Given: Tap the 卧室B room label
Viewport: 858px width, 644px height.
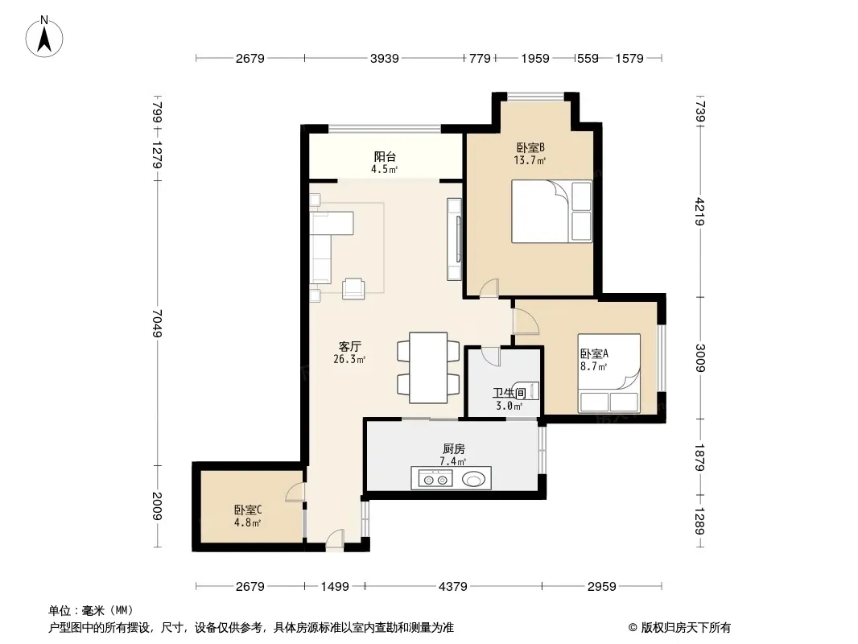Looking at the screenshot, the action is (x=530, y=148).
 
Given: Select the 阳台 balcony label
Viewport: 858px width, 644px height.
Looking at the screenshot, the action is (x=385, y=156).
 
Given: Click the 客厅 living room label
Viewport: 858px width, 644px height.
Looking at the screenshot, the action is (x=349, y=347).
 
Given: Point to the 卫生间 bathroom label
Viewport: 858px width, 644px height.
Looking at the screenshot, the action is (x=509, y=393).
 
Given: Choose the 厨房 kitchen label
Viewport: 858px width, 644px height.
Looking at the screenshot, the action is (x=454, y=449).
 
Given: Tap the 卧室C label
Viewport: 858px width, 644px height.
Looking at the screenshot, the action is (x=248, y=510).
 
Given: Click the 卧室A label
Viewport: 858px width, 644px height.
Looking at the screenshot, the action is (x=594, y=354).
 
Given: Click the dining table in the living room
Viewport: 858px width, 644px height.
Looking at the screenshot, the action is (x=428, y=368).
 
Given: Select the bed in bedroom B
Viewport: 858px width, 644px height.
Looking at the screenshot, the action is (x=551, y=211).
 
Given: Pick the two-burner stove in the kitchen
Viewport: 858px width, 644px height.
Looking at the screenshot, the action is (x=435, y=480).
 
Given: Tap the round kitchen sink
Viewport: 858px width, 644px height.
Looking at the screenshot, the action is (x=473, y=480).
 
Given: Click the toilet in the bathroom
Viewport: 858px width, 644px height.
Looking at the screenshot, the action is (x=526, y=390).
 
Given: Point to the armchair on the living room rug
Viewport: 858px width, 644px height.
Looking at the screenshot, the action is (x=353, y=288).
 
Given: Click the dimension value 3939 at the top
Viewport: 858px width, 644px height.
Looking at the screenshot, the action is (x=384, y=58).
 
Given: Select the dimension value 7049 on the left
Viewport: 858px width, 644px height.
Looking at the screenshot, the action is (x=157, y=323).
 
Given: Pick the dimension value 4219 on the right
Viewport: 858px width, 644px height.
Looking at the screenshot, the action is (x=700, y=212).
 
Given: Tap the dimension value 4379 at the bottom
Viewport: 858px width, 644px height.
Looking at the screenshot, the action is (x=453, y=587).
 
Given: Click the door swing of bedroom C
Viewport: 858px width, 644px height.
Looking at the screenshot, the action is (x=295, y=493).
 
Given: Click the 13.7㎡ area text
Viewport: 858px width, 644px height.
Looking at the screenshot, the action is (x=530, y=160).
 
